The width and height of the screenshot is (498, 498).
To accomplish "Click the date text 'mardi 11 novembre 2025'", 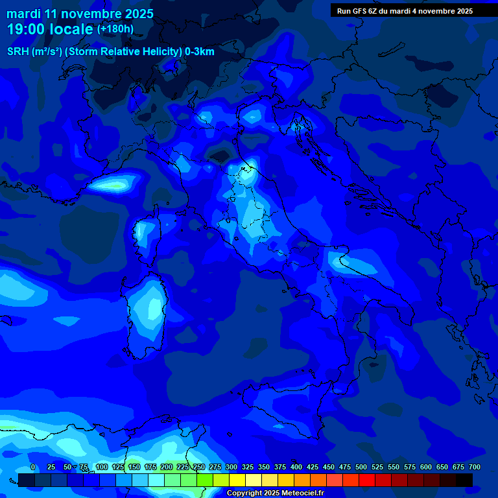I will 80,14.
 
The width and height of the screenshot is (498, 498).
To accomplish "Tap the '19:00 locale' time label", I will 51,29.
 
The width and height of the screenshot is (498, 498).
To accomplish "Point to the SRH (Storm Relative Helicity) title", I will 111,51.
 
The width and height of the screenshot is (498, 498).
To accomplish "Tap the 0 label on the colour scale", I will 33,468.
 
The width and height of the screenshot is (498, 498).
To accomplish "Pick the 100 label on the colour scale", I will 102,468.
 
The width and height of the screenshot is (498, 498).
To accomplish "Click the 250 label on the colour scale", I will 199,468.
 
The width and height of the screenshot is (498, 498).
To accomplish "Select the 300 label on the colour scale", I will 231,468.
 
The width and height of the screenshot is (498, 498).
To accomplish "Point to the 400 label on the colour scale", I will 296,468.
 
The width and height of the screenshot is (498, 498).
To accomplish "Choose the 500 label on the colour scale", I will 361,468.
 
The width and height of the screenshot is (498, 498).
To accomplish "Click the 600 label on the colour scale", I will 426,468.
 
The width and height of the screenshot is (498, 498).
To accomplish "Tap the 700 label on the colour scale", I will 474,468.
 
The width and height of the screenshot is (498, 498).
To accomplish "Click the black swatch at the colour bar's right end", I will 464,480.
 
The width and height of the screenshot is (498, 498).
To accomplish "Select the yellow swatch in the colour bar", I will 237,480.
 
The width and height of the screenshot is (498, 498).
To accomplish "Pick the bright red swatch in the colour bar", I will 367,480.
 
